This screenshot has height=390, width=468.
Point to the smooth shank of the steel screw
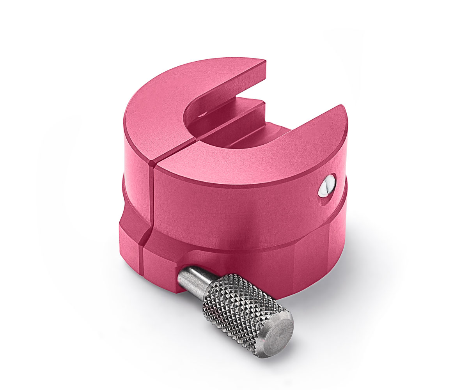click(x=193, y=278)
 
